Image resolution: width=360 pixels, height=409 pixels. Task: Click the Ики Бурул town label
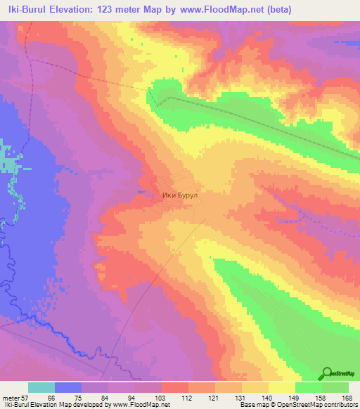tap(181, 197)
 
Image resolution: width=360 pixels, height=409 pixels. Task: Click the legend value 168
tap(345, 398)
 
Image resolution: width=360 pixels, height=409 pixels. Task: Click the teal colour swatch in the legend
tap(41, 387)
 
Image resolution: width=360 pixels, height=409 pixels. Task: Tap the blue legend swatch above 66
tap(68, 387)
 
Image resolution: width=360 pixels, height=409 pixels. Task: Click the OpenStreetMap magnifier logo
tap(328, 375)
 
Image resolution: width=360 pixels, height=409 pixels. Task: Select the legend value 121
tap(213, 398)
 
